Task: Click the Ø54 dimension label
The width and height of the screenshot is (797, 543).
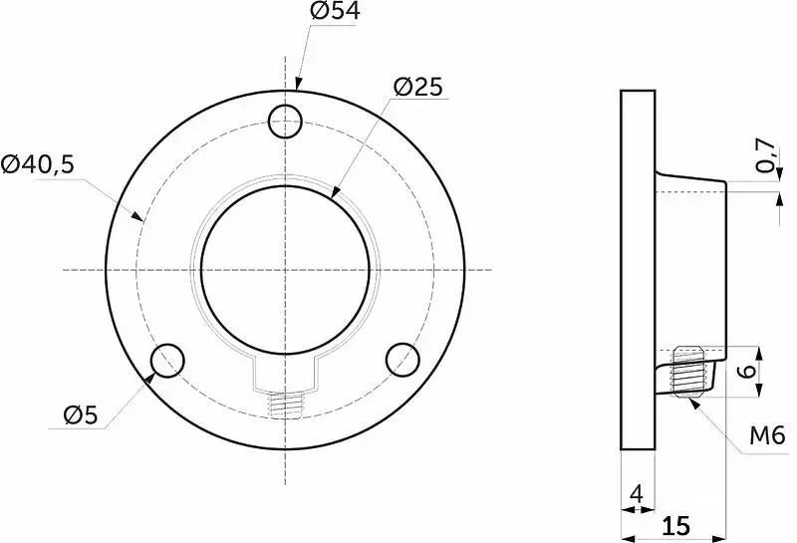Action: [335, 11]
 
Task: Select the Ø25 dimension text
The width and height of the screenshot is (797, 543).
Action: [418, 87]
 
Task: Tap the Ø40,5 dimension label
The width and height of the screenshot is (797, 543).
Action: [38, 164]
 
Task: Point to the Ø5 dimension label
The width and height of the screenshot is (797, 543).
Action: [81, 415]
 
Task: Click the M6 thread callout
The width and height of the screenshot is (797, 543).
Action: [767, 435]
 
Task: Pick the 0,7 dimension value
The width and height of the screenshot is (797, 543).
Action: [766, 156]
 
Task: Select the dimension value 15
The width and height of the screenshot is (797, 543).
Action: [675, 526]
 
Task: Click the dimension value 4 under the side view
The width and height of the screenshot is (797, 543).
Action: [637, 494]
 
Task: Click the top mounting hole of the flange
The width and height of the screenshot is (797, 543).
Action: [285, 122]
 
